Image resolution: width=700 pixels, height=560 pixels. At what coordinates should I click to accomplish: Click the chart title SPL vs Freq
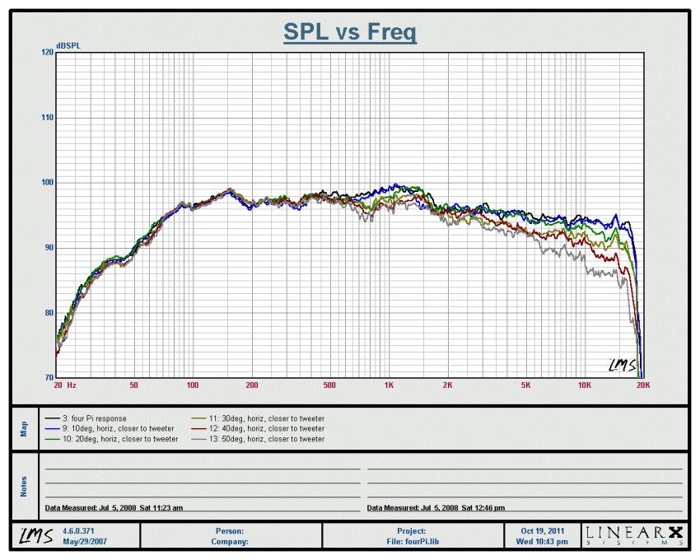click(350, 32)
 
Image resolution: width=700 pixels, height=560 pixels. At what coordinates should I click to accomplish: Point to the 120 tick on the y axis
click(47, 52)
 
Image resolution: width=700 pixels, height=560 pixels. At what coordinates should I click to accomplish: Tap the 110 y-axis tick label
click(47, 117)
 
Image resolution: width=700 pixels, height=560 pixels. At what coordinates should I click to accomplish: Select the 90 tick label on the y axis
click(47, 247)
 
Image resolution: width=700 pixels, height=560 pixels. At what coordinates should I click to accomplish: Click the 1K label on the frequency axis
click(389, 385)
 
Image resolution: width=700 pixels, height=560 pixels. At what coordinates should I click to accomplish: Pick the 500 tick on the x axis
click(329, 385)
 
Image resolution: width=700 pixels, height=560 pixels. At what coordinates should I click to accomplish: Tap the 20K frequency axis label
click(643, 385)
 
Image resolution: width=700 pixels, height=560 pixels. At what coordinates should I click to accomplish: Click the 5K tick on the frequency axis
click(525, 385)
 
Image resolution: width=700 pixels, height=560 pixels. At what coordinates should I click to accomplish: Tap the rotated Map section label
click(24, 429)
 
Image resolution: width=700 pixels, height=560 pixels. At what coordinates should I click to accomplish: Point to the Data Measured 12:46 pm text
click(436, 508)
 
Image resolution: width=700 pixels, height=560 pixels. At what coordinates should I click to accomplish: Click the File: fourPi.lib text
click(412, 542)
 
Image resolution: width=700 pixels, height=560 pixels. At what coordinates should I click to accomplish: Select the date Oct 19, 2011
click(544, 531)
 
